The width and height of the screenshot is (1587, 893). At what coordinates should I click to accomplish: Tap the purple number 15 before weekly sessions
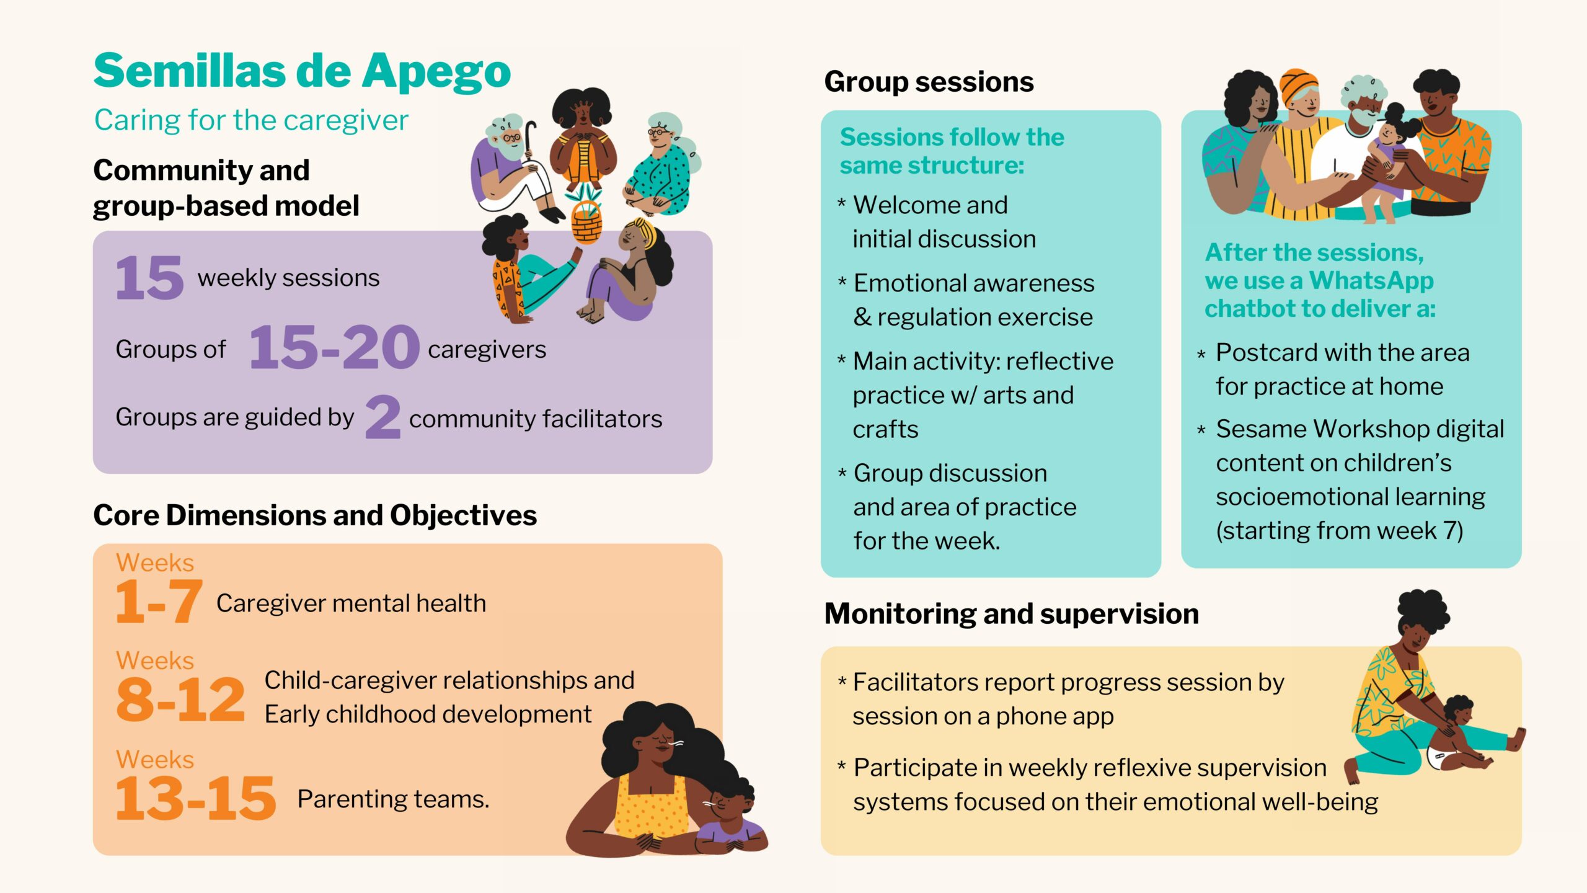[150, 277]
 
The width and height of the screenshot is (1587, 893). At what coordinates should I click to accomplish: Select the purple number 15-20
[334, 347]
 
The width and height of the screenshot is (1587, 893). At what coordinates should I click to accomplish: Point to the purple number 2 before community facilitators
[383, 417]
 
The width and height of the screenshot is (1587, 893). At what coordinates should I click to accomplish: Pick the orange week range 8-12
[180, 700]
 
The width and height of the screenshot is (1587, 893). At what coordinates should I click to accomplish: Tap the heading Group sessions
[929, 82]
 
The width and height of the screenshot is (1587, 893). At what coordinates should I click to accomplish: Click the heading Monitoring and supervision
[1012, 614]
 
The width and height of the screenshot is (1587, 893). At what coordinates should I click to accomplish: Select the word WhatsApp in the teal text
[1371, 281]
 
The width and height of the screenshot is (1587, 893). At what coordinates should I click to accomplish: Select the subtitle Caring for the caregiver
[251, 120]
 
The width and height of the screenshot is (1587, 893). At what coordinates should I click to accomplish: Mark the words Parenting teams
[394, 799]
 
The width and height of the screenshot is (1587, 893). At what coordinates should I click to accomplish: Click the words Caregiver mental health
[351, 603]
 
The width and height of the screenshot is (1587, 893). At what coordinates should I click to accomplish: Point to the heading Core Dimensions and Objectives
[315, 515]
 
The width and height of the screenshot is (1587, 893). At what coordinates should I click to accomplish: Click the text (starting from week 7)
[1340, 531]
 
